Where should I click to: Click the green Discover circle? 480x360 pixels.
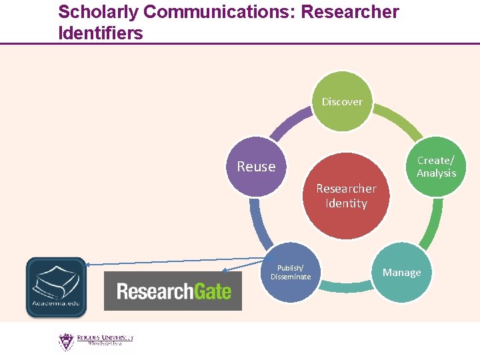pyautogui.click(x=342, y=101)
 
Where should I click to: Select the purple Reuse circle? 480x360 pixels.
pyautogui.click(x=257, y=167)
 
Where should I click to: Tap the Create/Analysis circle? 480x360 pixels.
pyautogui.click(x=436, y=167)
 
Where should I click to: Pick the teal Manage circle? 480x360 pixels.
pyautogui.click(x=401, y=272)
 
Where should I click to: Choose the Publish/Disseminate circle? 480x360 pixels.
pyautogui.click(x=291, y=272)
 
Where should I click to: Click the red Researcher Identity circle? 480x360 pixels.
pyautogui.click(x=346, y=196)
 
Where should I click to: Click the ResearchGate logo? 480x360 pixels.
pyautogui.click(x=173, y=291)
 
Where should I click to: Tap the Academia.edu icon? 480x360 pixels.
pyautogui.click(x=56, y=287)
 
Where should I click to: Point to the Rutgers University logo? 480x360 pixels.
pyautogui.click(x=95, y=341)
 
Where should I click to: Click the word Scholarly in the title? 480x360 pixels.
pyautogui.click(x=98, y=12)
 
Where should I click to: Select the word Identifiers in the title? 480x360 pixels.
pyautogui.click(x=101, y=33)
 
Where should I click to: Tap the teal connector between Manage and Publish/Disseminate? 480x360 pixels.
pyautogui.click(x=346, y=287)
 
